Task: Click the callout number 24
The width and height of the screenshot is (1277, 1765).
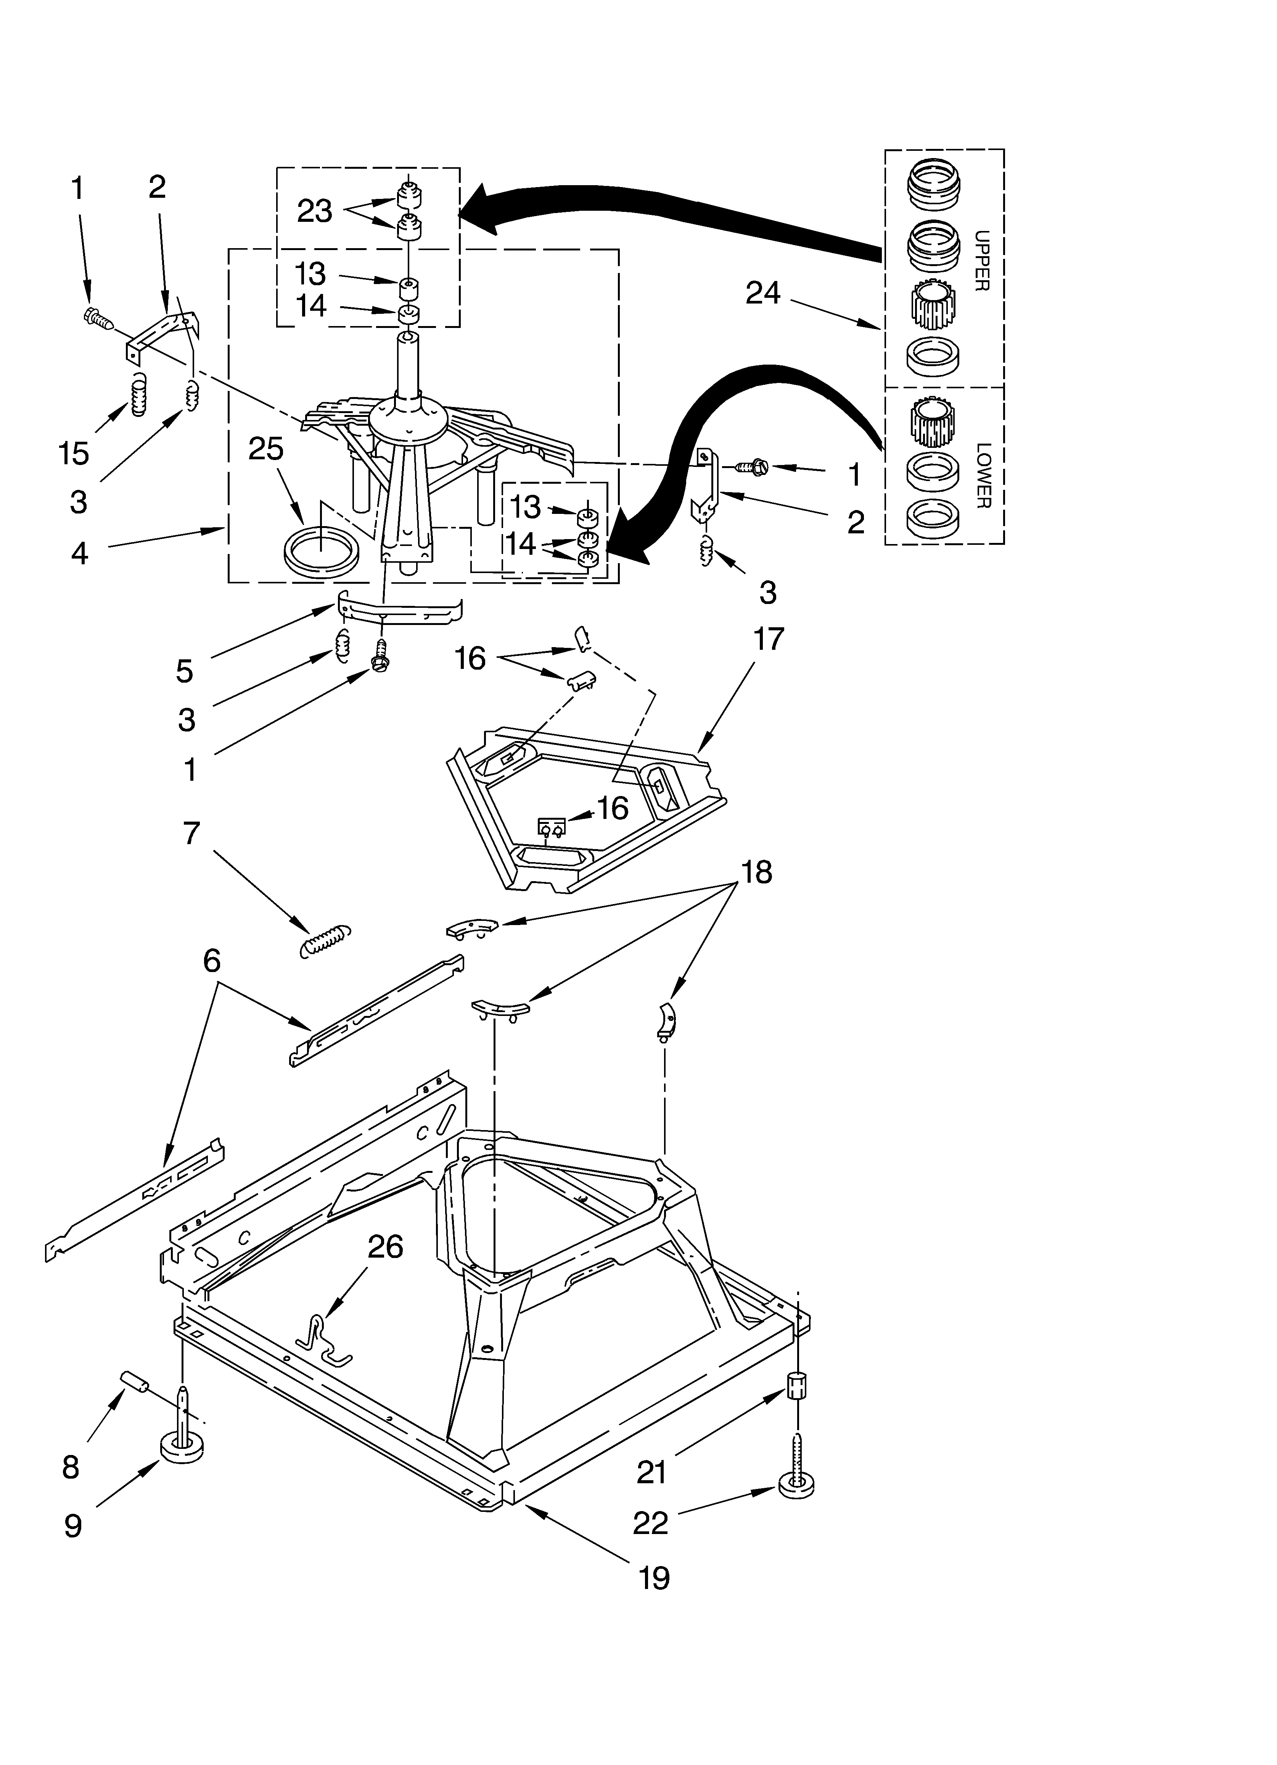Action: pyautogui.click(x=762, y=293)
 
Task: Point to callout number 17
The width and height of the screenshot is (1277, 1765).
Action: pyautogui.click(x=769, y=640)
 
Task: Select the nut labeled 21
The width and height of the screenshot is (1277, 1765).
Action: pyautogui.click(x=795, y=1386)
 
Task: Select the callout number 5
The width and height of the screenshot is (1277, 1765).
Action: pyautogui.click(x=184, y=670)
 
